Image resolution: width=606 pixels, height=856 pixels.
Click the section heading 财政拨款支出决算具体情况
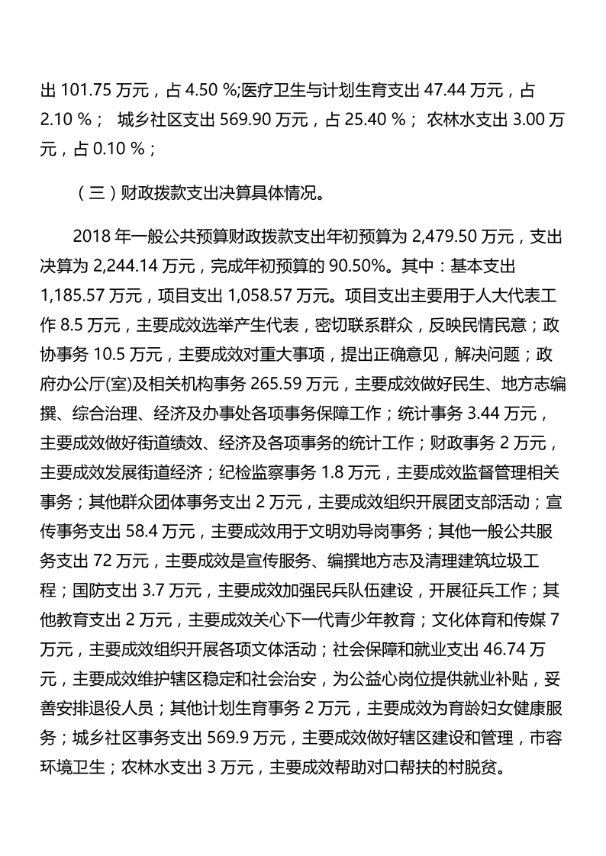pyautogui.click(x=221, y=193)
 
